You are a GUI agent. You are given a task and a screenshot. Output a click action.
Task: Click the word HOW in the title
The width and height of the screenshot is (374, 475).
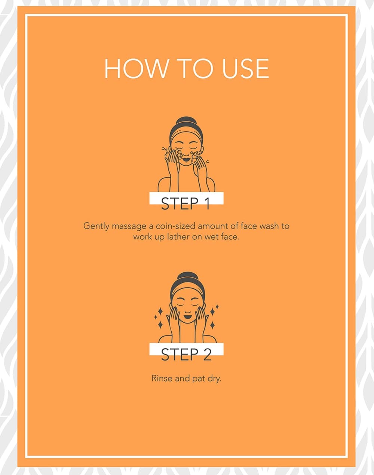(x=136, y=68)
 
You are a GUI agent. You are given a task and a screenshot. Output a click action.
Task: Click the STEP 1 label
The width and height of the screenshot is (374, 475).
(x=186, y=203)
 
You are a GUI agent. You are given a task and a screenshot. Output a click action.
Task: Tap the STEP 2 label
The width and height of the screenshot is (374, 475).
(x=186, y=354)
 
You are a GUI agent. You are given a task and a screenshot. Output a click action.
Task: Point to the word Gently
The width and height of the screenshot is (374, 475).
(x=96, y=226)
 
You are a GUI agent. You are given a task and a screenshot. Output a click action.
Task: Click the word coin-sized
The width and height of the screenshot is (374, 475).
(x=175, y=226)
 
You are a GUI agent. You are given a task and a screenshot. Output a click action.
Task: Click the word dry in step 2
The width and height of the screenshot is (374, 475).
(x=214, y=379)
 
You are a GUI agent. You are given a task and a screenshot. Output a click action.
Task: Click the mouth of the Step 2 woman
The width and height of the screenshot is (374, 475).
(x=187, y=316)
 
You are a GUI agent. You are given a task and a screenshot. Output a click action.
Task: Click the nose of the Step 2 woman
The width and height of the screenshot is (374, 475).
(x=187, y=311)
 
